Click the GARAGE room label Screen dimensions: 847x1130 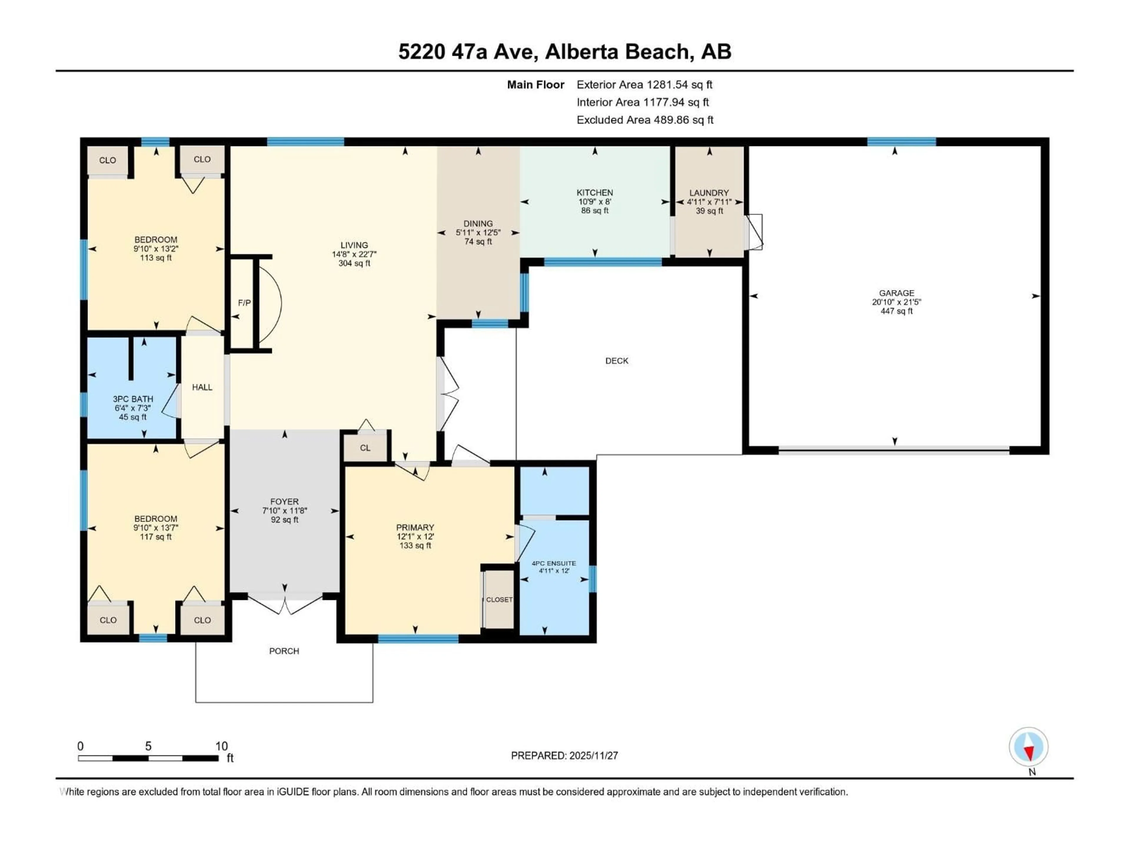(896, 293)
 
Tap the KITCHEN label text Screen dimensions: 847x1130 (595, 192)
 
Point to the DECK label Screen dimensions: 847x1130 (616, 361)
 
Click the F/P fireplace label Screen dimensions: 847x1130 (244, 303)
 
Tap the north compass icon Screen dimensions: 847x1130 (1028, 747)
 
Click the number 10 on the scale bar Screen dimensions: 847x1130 (221, 746)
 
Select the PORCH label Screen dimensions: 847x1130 (284, 651)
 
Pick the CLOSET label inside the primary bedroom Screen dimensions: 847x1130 (499, 600)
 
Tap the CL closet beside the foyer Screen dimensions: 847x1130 (365, 448)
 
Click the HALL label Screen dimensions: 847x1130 (202, 387)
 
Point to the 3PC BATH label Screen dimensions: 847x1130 (133, 399)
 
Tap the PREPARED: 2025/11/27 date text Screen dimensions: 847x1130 (564, 756)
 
